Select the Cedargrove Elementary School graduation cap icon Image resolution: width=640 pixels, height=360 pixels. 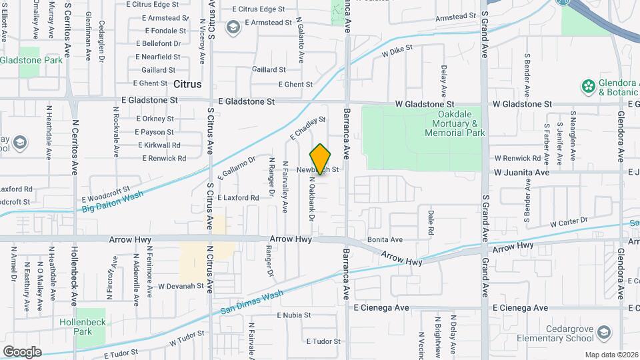603,332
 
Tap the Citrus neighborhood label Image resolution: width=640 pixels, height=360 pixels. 187,85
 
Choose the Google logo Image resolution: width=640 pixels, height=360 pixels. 22,351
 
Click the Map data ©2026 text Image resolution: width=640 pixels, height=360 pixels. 611,355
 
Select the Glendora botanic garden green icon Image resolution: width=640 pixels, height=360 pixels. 588,86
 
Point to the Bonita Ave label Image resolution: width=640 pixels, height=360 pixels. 385,239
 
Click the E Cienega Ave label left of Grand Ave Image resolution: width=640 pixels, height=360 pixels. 381,308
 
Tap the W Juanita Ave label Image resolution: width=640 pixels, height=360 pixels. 521,172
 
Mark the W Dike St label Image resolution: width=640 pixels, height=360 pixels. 397,49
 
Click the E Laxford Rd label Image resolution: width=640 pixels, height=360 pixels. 237,198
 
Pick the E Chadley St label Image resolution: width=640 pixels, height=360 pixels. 307,128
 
